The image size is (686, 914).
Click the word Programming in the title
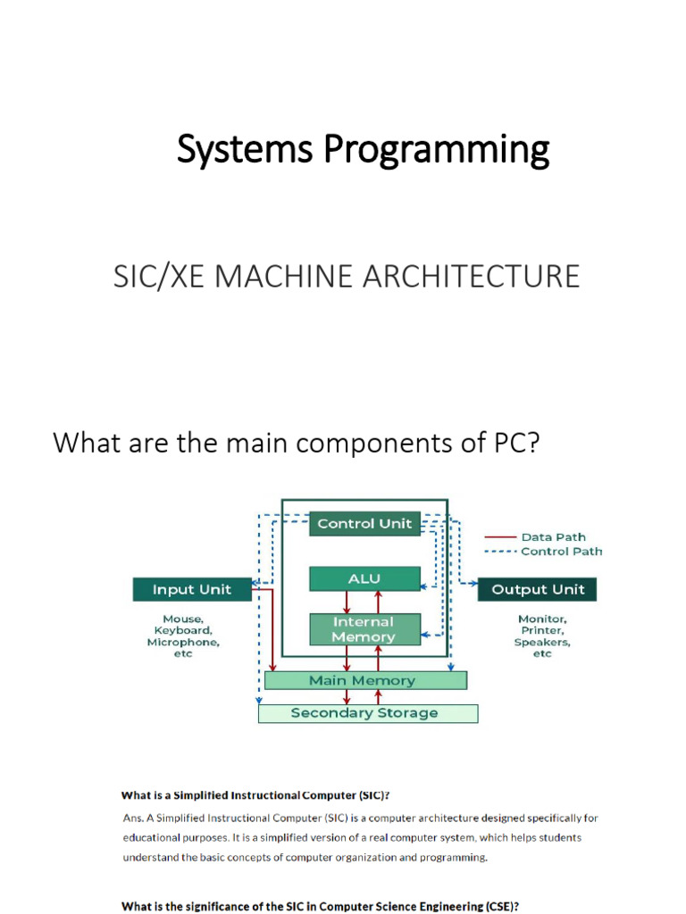[436, 151]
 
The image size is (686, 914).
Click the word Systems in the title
[245, 151]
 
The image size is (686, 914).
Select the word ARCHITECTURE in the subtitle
[485, 276]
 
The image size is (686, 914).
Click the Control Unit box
[364, 524]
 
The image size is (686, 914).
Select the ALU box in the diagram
[364, 579]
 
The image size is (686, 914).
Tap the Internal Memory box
[364, 629]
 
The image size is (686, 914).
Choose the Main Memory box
[364, 680]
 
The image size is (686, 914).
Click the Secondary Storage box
[366, 713]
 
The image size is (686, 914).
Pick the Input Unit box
[191, 589]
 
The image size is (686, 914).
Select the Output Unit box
[538, 589]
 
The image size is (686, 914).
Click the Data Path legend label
[554, 537]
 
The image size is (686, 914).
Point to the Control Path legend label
[561, 552]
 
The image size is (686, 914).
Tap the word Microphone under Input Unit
[183, 642]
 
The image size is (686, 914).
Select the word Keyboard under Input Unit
[183, 630]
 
